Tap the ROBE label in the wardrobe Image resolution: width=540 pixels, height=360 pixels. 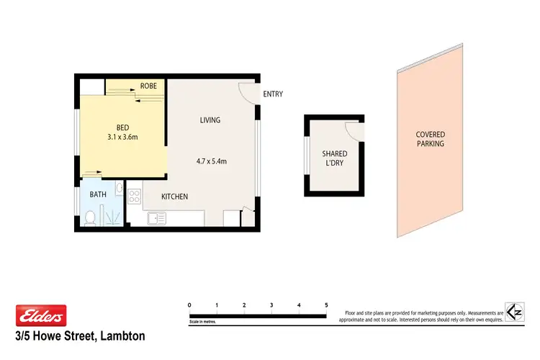(x=148, y=86)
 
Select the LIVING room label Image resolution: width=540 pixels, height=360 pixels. (x=210, y=120)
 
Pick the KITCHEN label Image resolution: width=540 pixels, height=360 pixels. (x=174, y=197)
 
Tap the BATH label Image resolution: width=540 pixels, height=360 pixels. (x=98, y=194)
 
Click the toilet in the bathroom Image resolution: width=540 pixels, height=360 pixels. (x=90, y=218)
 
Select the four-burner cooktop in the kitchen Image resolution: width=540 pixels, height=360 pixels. (x=134, y=195)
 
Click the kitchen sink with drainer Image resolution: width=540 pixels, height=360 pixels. (x=158, y=218)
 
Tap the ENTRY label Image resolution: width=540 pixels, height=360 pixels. (x=273, y=94)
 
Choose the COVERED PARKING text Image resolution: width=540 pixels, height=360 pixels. (x=430, y=139)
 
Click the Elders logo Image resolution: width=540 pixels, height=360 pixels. (x=41, y=315)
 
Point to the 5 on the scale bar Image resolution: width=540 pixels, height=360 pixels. (x=326, y=305)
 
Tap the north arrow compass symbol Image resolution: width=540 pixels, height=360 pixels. (x=514, y=312)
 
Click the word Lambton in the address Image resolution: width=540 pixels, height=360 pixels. (x=121, y=336)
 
